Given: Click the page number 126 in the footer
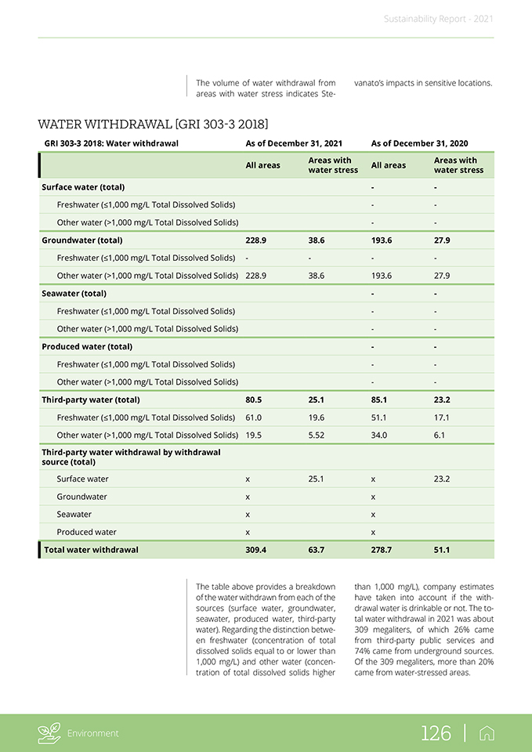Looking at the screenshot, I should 436,733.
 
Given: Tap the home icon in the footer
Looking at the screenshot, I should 487,733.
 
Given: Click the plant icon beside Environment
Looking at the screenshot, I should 49,733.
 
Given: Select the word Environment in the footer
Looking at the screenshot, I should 92,733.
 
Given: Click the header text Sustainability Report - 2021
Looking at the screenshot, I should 439,19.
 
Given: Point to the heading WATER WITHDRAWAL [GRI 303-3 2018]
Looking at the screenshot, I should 153,124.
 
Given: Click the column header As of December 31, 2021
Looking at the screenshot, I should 294,143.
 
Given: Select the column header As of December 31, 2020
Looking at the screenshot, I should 419,143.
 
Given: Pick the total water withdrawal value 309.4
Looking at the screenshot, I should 256,550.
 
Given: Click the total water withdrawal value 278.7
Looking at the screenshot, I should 382,550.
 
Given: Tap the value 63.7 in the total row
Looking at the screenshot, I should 317,550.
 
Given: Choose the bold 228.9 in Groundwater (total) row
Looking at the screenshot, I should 256,240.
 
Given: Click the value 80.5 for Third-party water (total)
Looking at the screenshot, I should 255,399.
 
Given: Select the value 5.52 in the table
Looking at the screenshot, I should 317,435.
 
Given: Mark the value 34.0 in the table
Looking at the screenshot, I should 380,435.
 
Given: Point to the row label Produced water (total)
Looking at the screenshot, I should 76,346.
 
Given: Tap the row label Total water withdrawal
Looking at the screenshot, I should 91,550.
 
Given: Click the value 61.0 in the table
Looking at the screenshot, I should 254,418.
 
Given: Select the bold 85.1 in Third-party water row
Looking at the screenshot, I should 380,399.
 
